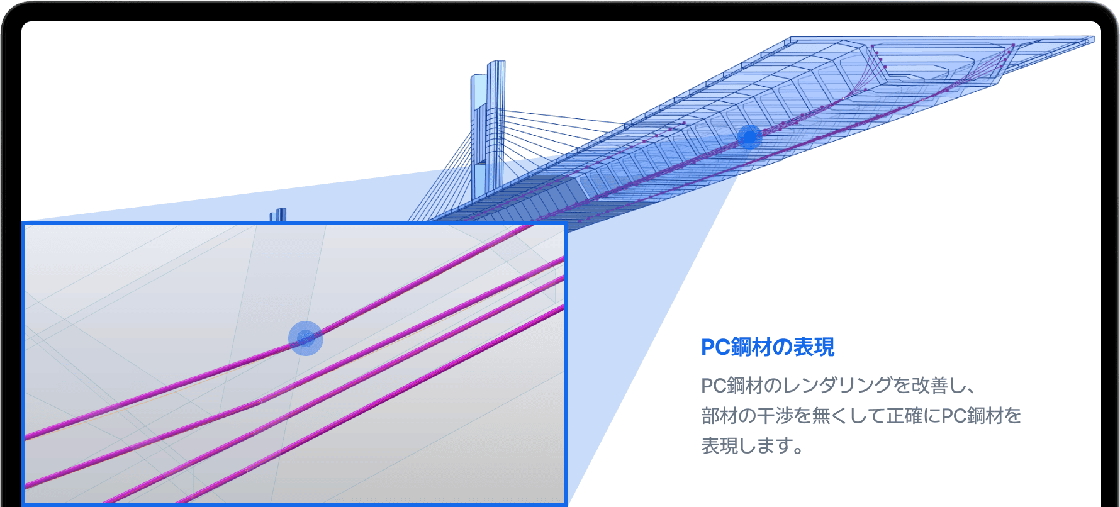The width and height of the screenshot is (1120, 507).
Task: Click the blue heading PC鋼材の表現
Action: tap(767, 347)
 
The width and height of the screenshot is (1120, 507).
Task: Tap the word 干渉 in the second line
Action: tap(769, 415)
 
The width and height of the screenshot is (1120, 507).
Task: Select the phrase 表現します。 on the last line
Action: tap(752, 445)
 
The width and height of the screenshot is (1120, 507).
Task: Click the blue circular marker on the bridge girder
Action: tap(749, 136)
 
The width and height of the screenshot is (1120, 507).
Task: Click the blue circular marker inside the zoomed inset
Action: tap(306, 338)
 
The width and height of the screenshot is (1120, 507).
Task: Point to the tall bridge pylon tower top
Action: tap(496, 64)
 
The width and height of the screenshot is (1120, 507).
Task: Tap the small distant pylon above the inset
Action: tap(278, 214)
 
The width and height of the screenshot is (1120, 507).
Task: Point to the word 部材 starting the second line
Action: tap(714, 415)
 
